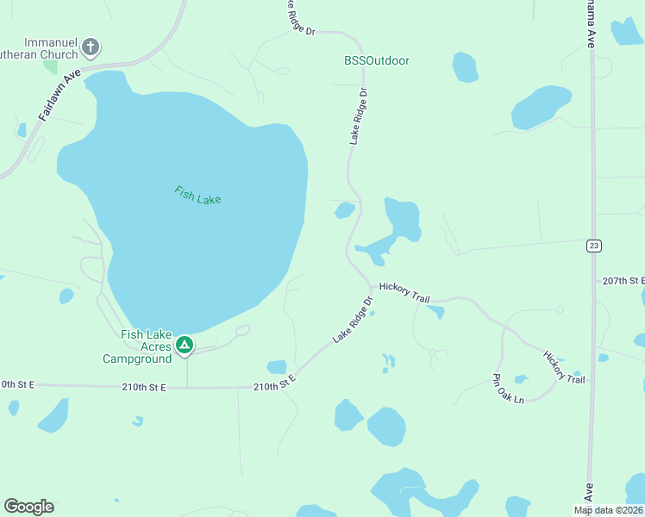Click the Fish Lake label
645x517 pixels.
197,195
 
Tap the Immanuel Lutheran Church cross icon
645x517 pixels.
91,47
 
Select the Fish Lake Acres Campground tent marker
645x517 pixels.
184,346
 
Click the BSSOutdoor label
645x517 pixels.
376,61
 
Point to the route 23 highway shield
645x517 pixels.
594,246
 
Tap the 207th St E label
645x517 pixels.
623,281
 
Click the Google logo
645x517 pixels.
28,507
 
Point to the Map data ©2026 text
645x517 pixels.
607,510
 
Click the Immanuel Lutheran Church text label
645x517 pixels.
52,47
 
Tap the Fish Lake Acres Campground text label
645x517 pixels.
138,346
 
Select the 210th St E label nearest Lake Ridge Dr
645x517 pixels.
274,383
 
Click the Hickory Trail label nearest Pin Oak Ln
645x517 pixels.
564,366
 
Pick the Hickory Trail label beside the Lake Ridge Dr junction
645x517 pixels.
404,291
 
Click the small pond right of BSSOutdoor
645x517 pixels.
465,67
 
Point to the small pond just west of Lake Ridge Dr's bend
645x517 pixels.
345,210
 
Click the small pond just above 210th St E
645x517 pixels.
277,367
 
